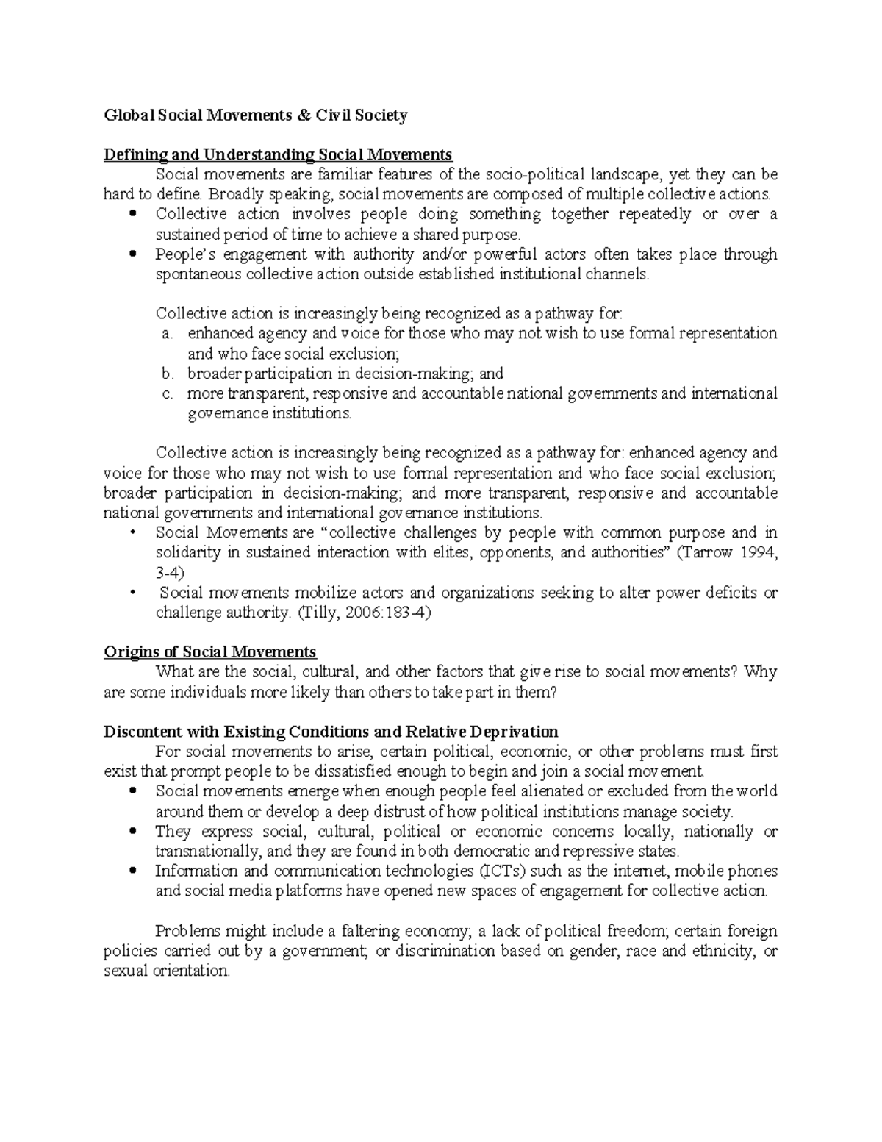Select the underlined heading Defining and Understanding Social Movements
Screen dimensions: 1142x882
coord(278,154)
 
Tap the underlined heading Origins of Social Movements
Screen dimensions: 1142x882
coord(210,652)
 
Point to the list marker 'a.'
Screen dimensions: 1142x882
coord(167,334)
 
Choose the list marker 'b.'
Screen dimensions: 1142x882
coord(167,374)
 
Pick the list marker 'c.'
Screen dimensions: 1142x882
coord(167,393)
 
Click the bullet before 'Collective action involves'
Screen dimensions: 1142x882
coord(132,215)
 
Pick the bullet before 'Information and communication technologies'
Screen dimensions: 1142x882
coord(132,872)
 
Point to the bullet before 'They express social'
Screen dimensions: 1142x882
coord(132,832)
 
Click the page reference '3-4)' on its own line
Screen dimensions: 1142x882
coord(171,572)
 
